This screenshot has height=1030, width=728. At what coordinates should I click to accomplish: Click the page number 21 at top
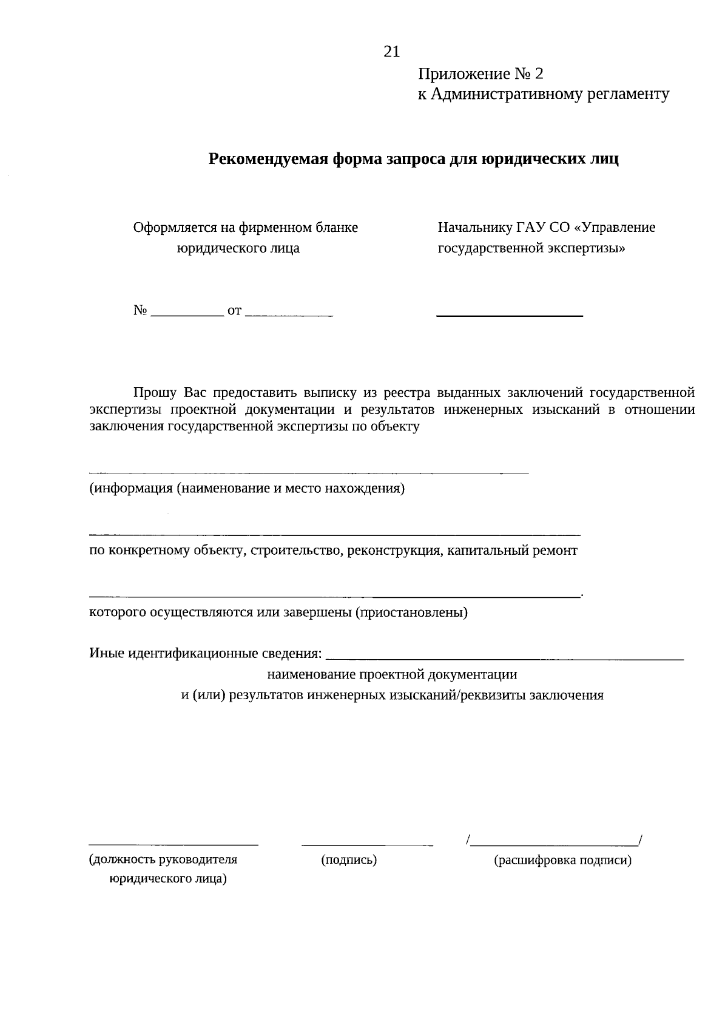(392, 52)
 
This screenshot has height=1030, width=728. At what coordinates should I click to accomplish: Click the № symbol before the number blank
(140, 311)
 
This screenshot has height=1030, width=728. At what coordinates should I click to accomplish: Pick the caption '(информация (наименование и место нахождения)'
(247, 489)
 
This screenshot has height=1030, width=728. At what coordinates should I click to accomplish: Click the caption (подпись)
(348, 859)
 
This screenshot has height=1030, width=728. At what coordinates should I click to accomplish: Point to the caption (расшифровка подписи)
(563, 860)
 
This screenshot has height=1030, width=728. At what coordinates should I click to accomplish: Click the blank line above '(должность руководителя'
(174, 844)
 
